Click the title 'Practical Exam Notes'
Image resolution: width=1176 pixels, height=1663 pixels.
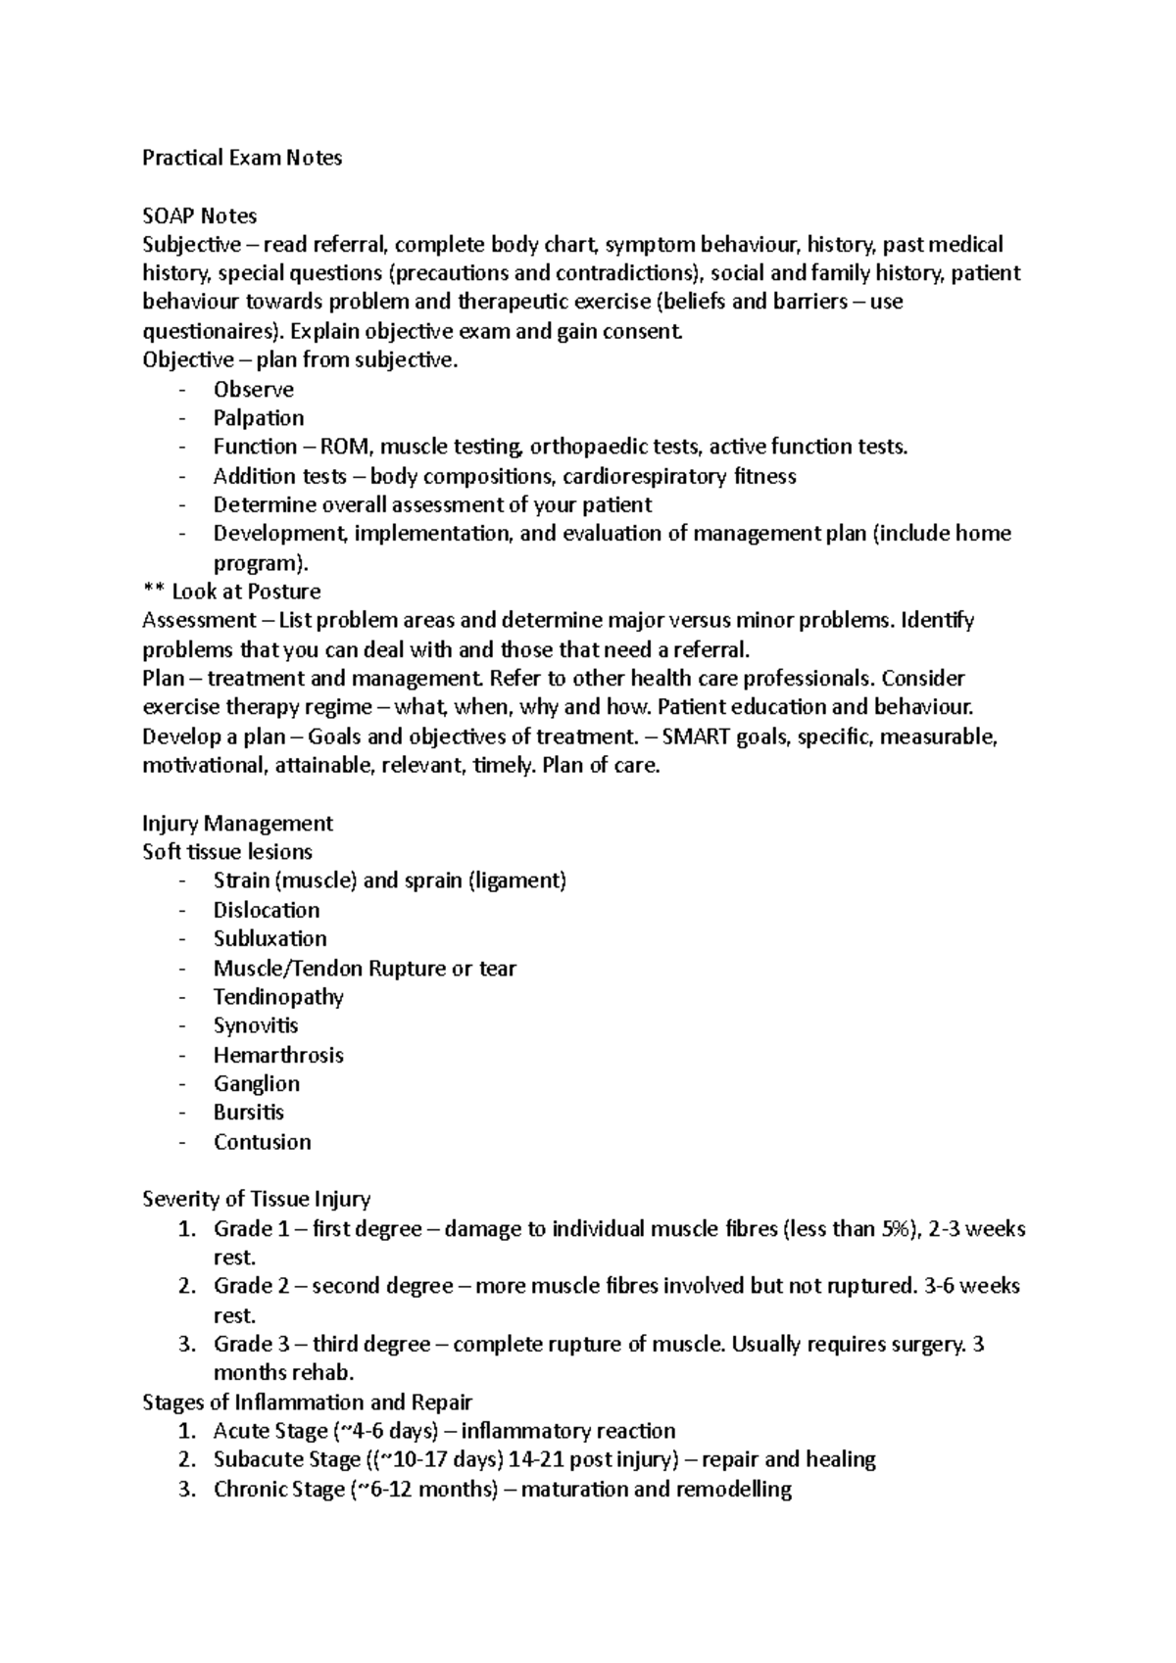click(242, 158)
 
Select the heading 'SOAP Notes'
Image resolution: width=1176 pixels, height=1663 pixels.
click(199, 215)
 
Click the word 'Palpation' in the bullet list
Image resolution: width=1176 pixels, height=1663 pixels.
click(259, 418)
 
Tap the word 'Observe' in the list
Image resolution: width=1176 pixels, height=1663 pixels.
click(253, 390)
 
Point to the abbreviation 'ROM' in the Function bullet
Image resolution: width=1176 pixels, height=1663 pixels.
click(352, 448)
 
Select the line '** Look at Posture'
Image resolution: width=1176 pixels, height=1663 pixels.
click(231, 592)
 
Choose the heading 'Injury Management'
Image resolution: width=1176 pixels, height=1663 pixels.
click(237, 823)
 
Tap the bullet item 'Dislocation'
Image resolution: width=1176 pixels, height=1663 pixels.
click(267, 910)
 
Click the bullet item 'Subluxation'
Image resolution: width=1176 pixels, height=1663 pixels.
click(269, 938)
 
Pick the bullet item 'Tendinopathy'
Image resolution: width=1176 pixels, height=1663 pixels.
click(278, 997)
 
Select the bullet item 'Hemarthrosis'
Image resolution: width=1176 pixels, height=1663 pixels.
click(278, 1055)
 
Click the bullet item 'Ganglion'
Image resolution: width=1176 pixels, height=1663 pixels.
click(257, 1083)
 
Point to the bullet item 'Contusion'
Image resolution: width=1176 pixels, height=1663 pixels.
click(262, 1142)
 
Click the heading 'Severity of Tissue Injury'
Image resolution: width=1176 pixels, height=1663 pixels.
click(256, 1199)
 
